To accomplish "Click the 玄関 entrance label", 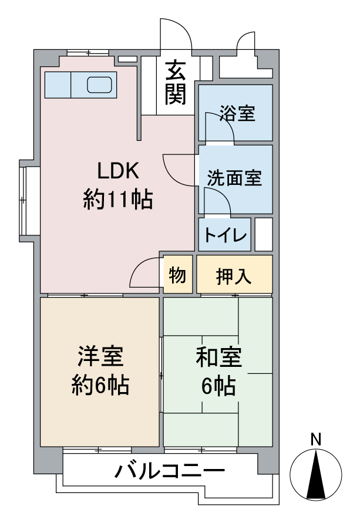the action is (x=175, y=82).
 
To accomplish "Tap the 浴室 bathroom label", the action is (x=237, y=113).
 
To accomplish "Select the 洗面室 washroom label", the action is (x=234, y=178).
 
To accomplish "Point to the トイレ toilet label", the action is (x=225, y=235).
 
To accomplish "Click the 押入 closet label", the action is (x=234, y=276).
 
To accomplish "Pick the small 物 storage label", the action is (x=177, y=275).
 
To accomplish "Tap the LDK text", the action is (x=118, y=171).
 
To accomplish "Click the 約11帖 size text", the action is (x=118, y=200).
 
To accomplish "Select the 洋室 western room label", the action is (x=100, y=356).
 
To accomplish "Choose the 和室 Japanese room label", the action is (x=219, y=357).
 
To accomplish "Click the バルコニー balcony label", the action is (x=170, y=471).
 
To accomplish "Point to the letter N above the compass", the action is (x=315, y=439).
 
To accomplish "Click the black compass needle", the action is (x=316, y=474).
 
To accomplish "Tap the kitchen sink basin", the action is (x=99, y=85).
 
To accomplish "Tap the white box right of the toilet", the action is (x=264, y=234).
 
